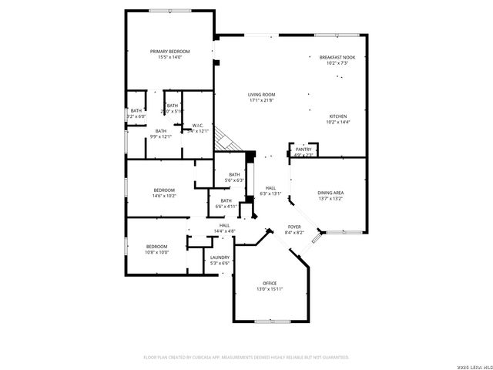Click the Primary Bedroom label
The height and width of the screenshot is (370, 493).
169,51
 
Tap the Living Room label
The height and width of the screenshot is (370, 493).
262,95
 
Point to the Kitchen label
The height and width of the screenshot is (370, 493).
337,116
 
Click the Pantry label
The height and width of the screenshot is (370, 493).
304,149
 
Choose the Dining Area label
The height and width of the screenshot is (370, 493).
330,192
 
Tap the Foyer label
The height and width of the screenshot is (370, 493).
294,227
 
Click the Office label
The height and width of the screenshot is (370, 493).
269,283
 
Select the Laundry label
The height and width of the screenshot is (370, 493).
220,257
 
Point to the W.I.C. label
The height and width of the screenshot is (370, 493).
198,126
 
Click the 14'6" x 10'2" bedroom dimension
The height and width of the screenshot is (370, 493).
164,196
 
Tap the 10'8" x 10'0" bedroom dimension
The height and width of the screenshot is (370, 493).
156,252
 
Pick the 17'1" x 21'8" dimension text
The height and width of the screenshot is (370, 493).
262,101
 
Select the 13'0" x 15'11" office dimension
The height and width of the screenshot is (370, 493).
270,289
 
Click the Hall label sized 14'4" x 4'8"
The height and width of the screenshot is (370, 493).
224,225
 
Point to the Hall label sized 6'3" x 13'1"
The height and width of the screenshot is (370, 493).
270,188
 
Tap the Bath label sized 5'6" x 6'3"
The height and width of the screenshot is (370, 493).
234,174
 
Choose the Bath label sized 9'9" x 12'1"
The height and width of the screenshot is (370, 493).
160,131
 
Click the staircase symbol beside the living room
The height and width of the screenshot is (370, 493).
225,138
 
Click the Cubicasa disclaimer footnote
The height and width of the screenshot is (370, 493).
246,357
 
